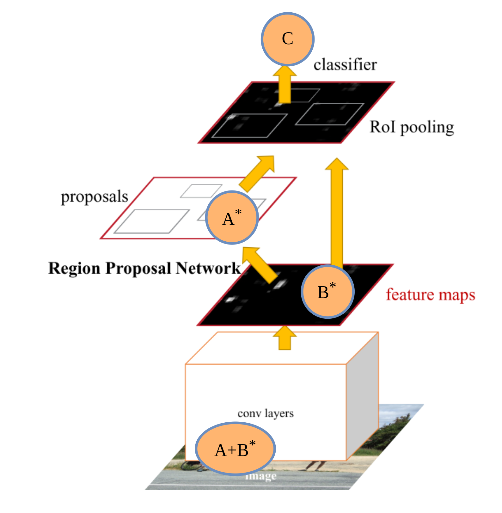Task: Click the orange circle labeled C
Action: [x=287, y=39]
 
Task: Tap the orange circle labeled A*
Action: [x=232, y=218]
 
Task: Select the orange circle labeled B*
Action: [x=328, y=291]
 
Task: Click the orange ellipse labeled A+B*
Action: [x=235, y=449]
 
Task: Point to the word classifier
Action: [x=345, y=65]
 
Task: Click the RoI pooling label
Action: [x=412, y=127]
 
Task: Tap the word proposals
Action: [x=95, y=196]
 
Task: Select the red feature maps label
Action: [x=430, y=295]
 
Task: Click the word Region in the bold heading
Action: [x=74, y=268]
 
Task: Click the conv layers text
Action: [x=266, y=413]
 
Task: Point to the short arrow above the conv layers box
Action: [x=285, y=338]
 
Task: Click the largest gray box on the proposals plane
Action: [x=151, y=221]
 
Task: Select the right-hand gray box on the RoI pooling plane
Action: [x=329, y=114]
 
